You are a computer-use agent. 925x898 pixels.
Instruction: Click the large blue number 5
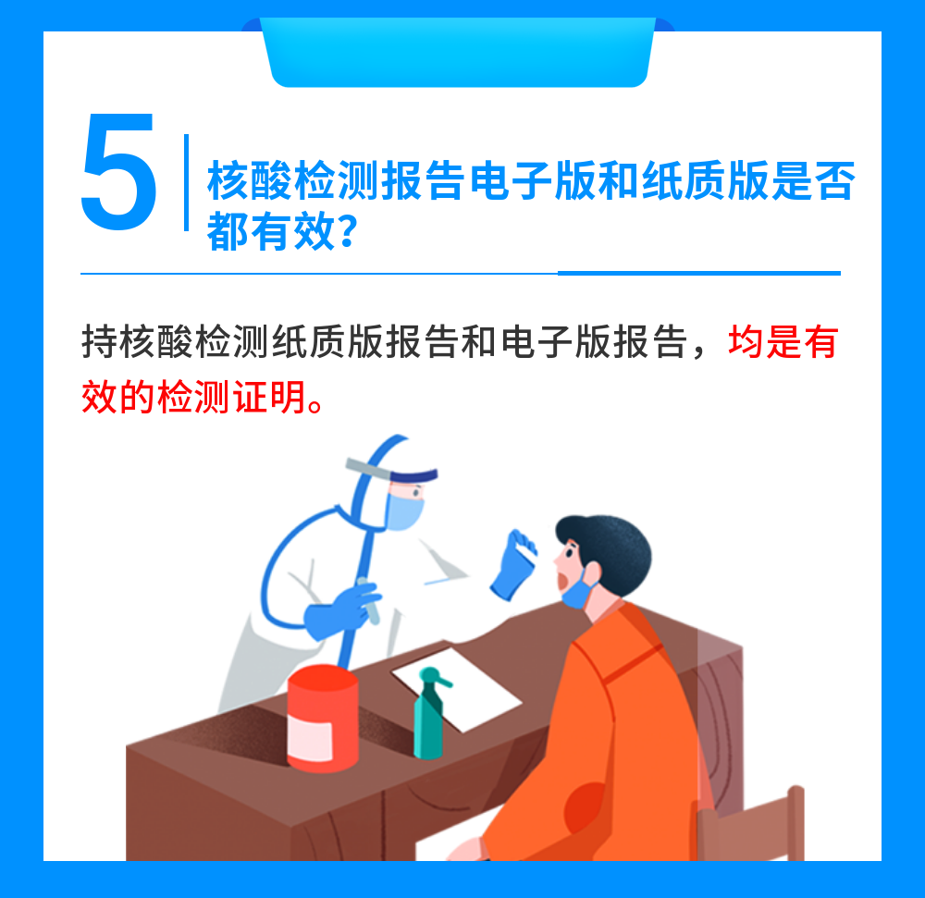[x=118, y=173]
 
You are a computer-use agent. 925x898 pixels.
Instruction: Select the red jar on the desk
[x=322, y=719]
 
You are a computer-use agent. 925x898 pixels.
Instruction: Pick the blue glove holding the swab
[x=511, y=571]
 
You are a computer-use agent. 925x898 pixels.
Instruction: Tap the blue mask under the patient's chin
[x=575, y=592]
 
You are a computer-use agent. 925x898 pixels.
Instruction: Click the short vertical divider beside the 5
[x=187, y=181]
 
